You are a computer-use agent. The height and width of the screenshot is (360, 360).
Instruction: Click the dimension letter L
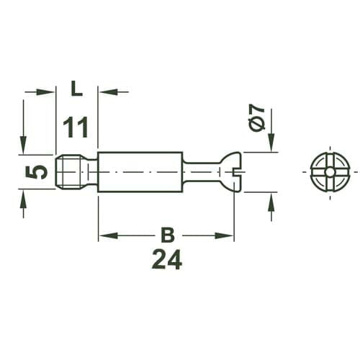76,89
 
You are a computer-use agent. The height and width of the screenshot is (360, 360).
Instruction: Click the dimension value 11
76,127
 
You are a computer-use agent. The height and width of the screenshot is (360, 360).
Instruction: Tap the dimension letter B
166,235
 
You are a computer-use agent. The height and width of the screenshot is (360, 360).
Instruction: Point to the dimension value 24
166,259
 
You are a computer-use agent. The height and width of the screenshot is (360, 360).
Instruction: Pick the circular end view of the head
328,173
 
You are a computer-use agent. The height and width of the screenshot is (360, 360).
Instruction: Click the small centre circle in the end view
328,173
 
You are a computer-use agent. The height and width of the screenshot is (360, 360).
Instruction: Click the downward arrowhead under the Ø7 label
271,146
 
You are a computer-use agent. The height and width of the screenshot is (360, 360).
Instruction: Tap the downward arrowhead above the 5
24,148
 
